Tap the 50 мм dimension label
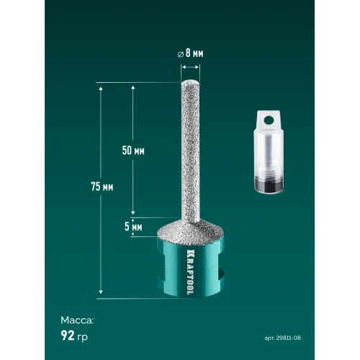coord(133,150)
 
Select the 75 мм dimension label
coord(102,186)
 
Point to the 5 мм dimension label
coord(133,227)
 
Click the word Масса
coord(77,320)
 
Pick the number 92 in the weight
coord(68,336)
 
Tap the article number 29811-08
coord(288,338)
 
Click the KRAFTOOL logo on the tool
coord(190,272)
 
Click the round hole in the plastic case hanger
coord(269,120)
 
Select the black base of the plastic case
coord(269,186)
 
